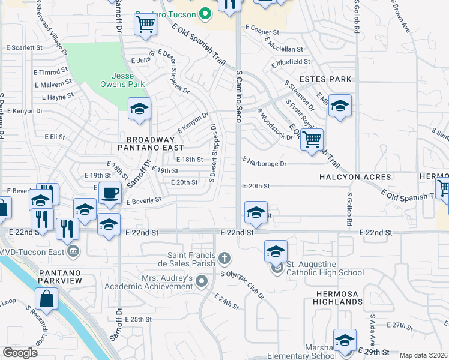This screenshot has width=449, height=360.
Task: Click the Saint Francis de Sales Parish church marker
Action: click(x=224, y=259)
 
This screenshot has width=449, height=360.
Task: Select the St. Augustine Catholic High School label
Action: click(x=325, y=269)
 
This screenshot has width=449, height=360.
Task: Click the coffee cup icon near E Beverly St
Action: click(x=110, y=193)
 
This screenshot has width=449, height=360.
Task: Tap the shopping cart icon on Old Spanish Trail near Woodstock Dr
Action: click(x=312, y=140)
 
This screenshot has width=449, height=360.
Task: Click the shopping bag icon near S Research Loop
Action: click(x=46, y=298)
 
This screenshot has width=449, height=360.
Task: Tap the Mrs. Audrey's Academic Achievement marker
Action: click(x=202, y=281)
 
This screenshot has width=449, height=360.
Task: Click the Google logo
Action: click(x=20, y=353)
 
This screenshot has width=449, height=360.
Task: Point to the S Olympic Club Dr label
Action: click(x=243, y=284)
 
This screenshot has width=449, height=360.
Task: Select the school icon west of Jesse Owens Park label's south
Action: click(x=140, y=109)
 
